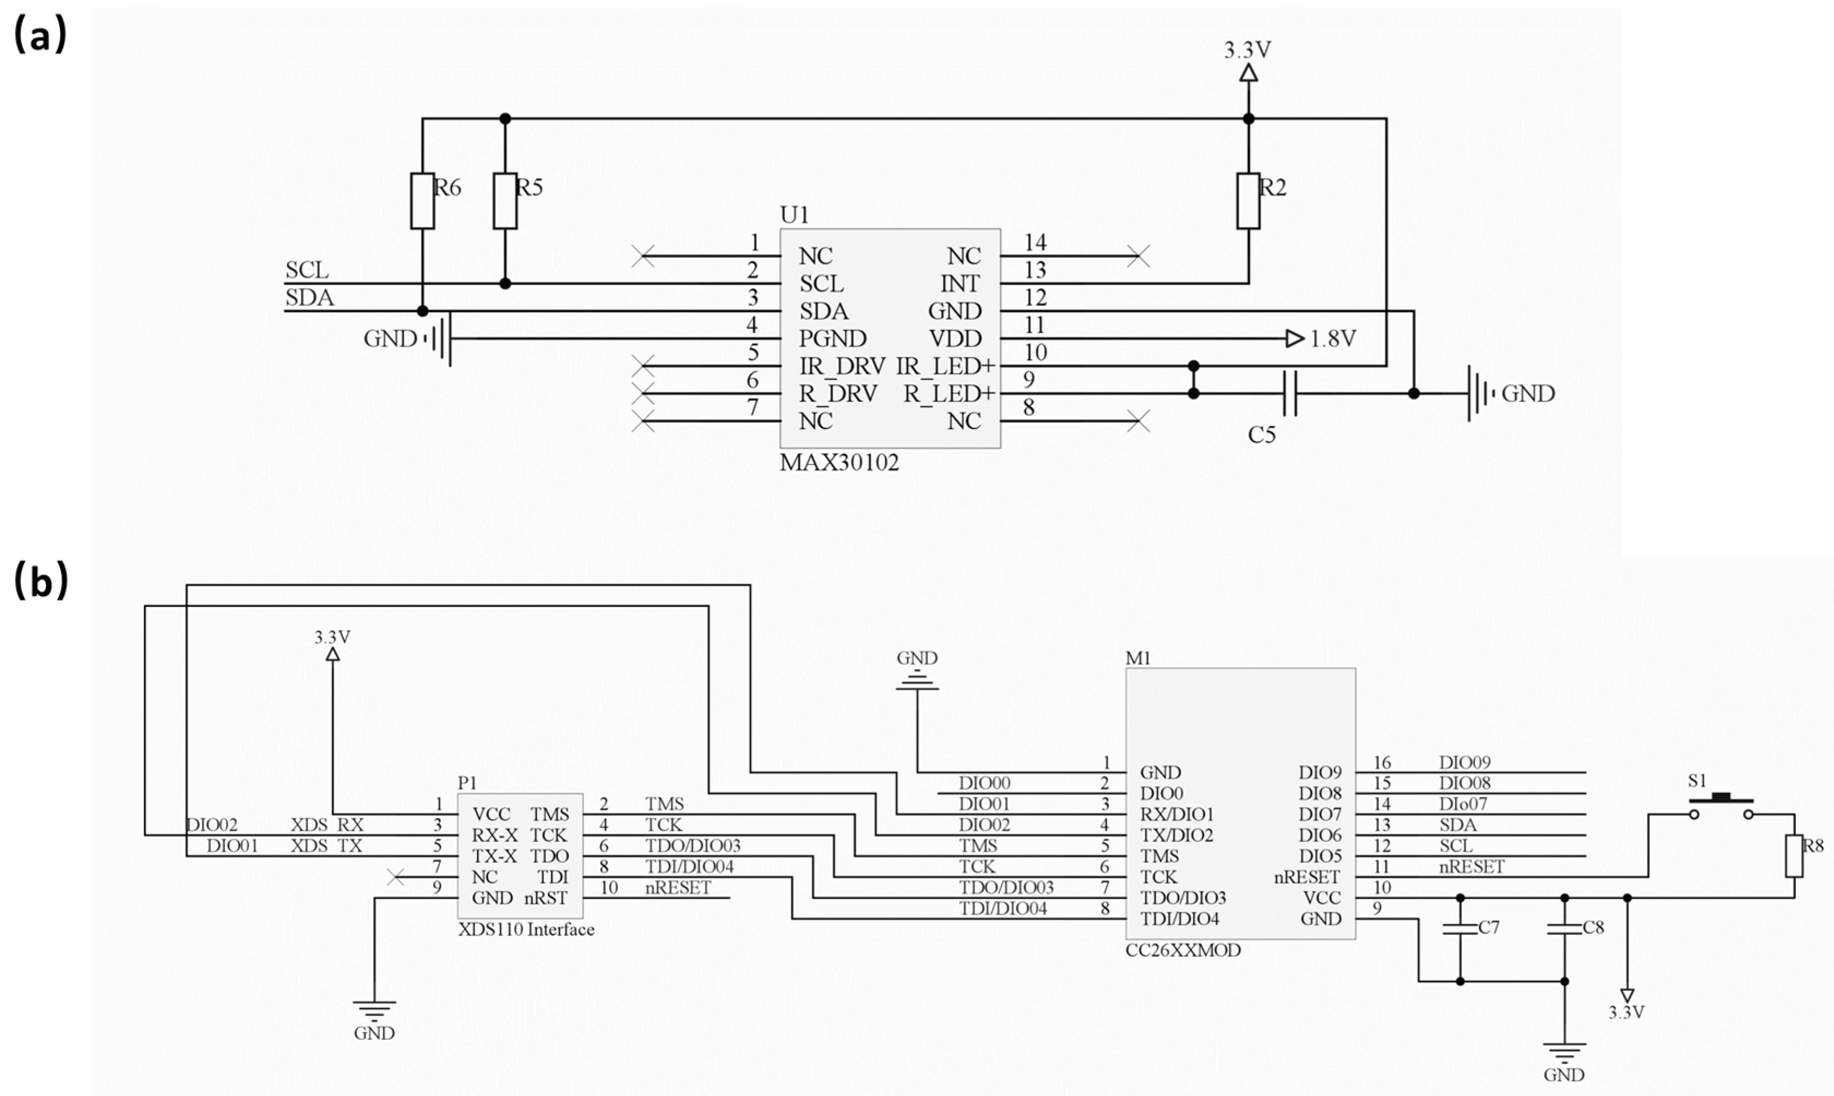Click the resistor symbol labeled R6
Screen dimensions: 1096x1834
coord(422,201)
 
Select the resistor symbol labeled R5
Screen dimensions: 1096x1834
coord(505,201)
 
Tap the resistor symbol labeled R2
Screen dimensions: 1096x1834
coord(1248,201)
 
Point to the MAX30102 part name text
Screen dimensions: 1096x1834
coord(839,463)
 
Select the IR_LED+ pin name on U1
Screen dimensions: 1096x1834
coord(946,366)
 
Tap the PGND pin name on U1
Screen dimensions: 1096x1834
coord(832,339)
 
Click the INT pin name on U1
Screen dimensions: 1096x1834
coord(960,284)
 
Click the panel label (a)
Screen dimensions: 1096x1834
coord(40,35)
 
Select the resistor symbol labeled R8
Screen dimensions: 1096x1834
coord(1794,856)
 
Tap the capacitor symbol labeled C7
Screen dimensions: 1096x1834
coord(1460,927)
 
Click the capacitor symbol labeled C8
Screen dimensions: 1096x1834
coord(1564,927)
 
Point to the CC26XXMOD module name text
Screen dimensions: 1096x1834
coord(1183,950)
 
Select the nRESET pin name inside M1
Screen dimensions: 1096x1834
coord(1307,877)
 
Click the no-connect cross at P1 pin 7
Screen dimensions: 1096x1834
coord(396,877)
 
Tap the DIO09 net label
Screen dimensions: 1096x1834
coord(1465,762)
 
